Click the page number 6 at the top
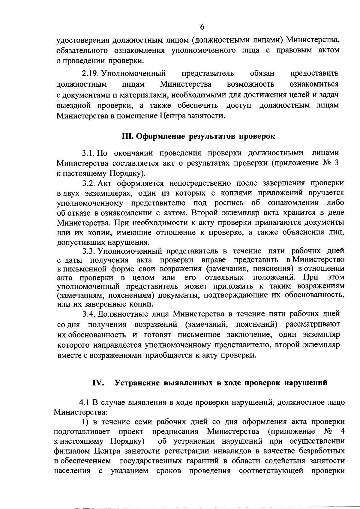pos(202,27)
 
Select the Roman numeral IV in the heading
pos(98,383)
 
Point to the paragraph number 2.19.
pos(91,73)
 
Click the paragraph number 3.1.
pos(89,153)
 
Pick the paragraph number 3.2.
pos(89,183)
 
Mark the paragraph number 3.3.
pos(89,251)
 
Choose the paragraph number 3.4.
pos(89,314)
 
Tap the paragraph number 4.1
pos(84,402)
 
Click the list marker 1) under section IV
pos(85,422)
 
